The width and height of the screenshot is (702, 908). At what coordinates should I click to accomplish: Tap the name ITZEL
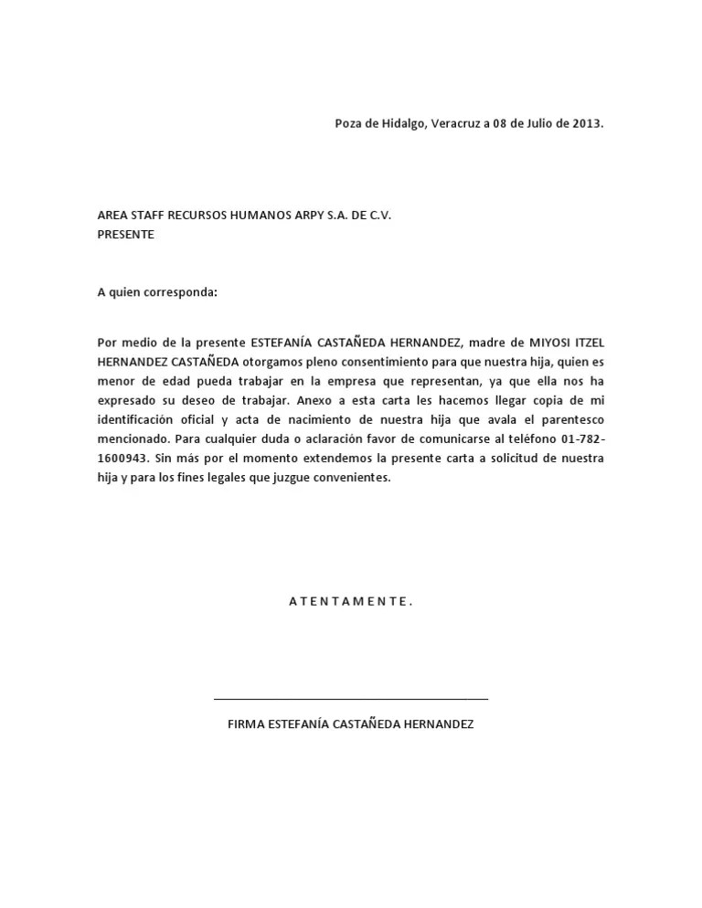(x=586, y=343)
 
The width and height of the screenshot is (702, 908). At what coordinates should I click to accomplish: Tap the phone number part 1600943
(x=121, y=459)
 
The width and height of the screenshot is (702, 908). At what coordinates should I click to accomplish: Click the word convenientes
(x=350, y=478)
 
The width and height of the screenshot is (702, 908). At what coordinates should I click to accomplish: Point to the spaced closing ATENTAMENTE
(x=351, y=601)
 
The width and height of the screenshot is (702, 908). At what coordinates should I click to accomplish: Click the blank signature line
(x=351, y=699)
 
